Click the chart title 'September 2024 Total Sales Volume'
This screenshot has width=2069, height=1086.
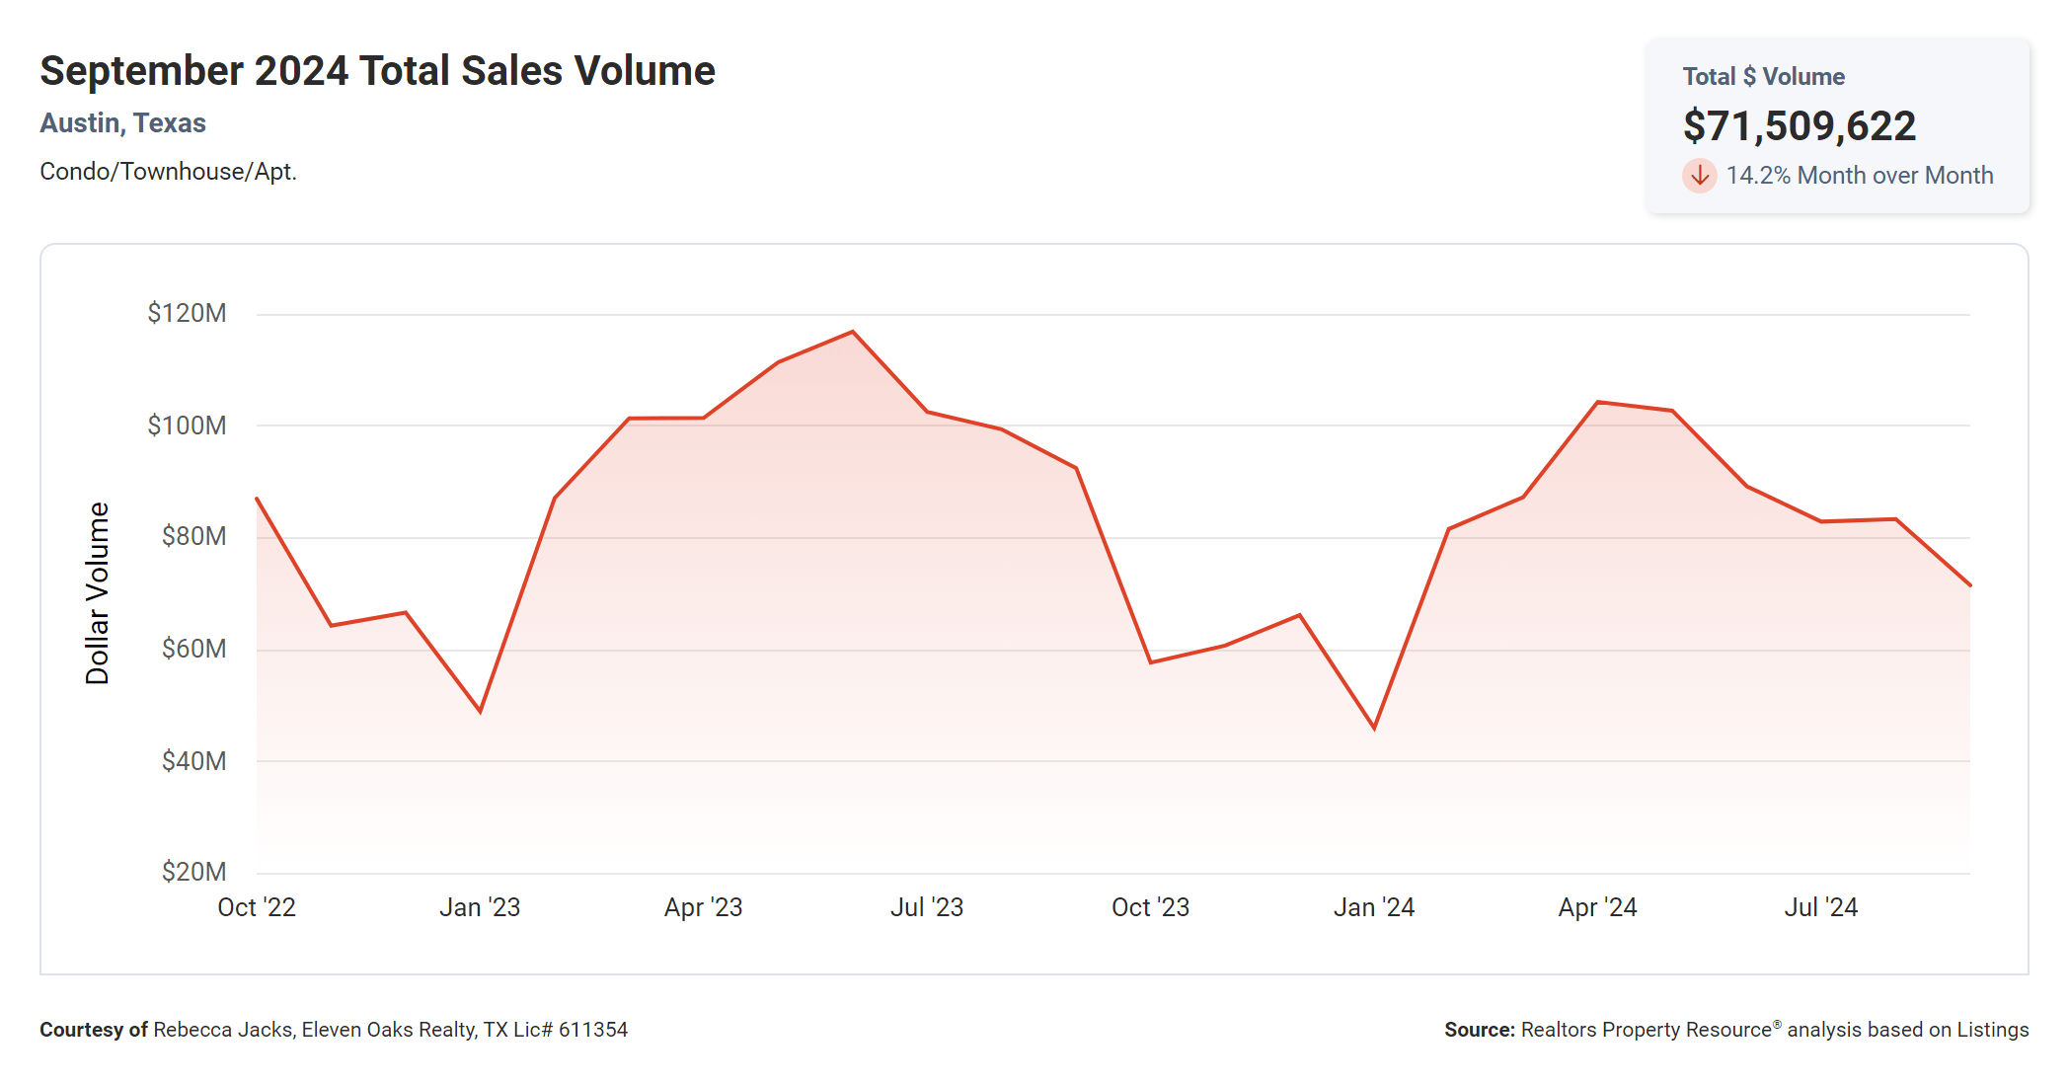(x=377, y=71)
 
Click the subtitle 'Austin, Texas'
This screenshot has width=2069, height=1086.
(x=122, y=123)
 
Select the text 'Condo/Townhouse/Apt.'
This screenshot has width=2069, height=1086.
(x=168, y=172)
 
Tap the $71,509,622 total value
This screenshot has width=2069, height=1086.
(x=1799, y=126)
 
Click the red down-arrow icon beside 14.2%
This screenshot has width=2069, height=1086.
(x=1699, y=176)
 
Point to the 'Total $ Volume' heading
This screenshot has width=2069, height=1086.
(x=1763, y=77)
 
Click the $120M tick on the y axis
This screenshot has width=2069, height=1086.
(x=187, y=314)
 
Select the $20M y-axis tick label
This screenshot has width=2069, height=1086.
(x=193, y=872)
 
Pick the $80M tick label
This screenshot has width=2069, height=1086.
(x=193, y=536)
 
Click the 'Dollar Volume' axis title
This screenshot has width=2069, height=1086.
(x=98, y=592)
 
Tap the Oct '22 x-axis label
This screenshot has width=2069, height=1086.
(x=257, y=907)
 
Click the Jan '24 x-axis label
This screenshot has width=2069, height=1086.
(x=1373, y=907)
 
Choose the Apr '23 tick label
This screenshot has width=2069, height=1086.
(x=703, y=907)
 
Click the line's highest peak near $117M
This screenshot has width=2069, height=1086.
(x=853, y=333)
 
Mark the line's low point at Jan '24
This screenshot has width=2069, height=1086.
(x=1374, y=728)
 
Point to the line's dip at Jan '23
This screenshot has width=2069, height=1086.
(x=480, y=711)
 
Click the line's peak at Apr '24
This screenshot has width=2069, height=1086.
(x=1598, y=403)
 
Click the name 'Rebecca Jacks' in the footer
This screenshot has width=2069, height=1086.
(x=222, y=1030)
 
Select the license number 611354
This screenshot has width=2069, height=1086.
(x=593, y=1030)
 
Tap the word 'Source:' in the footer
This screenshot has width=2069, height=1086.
(x=1479, y=1030)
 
